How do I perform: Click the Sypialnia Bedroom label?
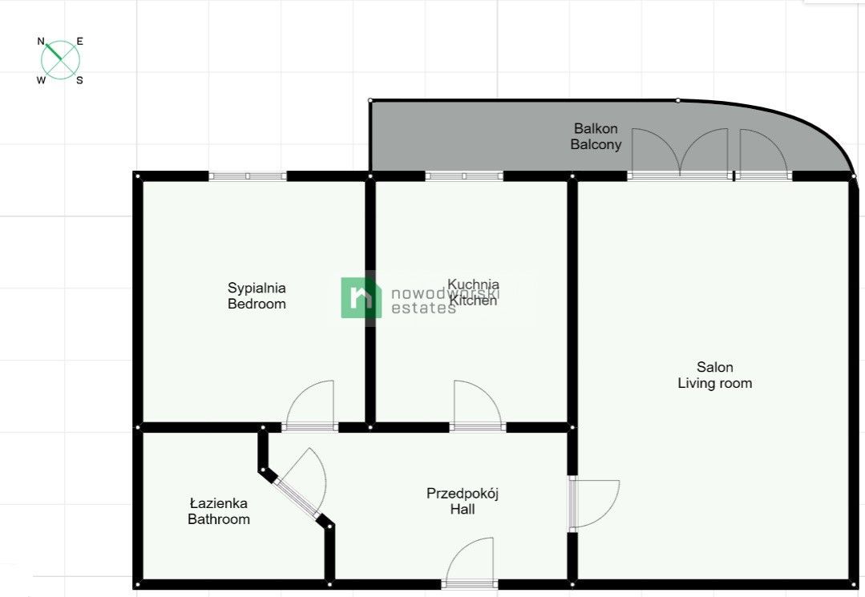257,296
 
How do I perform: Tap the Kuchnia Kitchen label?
473,292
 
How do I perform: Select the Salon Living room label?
715,375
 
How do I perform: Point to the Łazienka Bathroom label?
219,511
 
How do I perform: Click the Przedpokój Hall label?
463,501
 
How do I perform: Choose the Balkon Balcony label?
596,136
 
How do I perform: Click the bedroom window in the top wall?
248,175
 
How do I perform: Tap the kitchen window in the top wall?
464,175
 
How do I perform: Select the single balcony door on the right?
763,152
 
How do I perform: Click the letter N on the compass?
41,41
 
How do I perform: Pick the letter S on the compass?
79,80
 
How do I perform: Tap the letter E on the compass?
80,42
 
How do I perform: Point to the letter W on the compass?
41,80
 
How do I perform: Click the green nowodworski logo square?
362,297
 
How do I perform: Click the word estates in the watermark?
423,308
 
